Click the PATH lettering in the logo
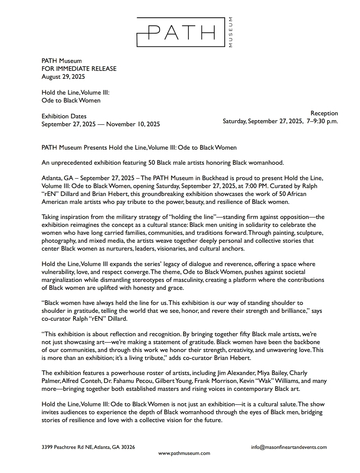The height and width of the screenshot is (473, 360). click(181, 32)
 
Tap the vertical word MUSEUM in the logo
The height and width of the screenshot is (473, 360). click(230, 32)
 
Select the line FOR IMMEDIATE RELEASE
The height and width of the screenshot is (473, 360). click(79, 69)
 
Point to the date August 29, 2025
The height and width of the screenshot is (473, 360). click(63, 77)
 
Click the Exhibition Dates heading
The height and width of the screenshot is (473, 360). click(64, 116)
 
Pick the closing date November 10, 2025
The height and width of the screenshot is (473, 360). click(133, 124)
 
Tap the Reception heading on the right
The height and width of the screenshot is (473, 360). click(324, 113)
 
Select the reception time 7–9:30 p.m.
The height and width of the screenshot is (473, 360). click(322, 121)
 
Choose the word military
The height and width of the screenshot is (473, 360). click(129, 217)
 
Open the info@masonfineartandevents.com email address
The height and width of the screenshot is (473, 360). click(289, 447)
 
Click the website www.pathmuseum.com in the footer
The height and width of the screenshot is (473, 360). click(184, 453)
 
